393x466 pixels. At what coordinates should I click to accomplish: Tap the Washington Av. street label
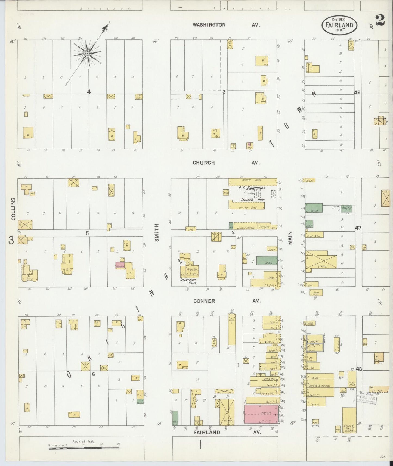coord(226,25)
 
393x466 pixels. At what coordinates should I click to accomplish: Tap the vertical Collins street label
coord(13,209)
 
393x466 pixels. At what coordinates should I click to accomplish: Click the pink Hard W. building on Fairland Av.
coord(261,414)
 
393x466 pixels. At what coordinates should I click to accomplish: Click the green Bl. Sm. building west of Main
coord(267,260)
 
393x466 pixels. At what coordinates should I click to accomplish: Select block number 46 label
coord(357,92)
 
